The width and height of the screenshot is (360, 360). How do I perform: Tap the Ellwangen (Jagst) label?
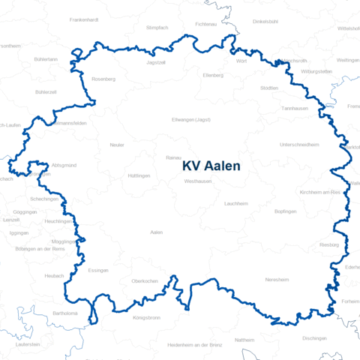191,120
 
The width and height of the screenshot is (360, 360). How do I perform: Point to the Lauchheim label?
235,203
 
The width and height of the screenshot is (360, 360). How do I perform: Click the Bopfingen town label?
286,211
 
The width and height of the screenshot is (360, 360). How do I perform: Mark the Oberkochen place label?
144,280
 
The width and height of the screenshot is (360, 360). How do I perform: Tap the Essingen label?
98,270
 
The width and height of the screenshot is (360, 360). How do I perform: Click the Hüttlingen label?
139,175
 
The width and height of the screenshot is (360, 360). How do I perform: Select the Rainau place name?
174,157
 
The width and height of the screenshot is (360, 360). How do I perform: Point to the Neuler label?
117,145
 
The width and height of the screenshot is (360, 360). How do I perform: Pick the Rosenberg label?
103,79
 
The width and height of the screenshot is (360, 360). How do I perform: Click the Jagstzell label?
155,63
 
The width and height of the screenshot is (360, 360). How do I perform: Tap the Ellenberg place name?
213,75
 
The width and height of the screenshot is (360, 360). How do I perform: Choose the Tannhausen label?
294,108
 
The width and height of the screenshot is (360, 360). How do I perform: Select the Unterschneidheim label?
299,144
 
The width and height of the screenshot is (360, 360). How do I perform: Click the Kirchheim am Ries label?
319,193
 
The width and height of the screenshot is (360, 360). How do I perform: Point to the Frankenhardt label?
83,19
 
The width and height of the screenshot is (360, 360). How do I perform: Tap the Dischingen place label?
314,338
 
